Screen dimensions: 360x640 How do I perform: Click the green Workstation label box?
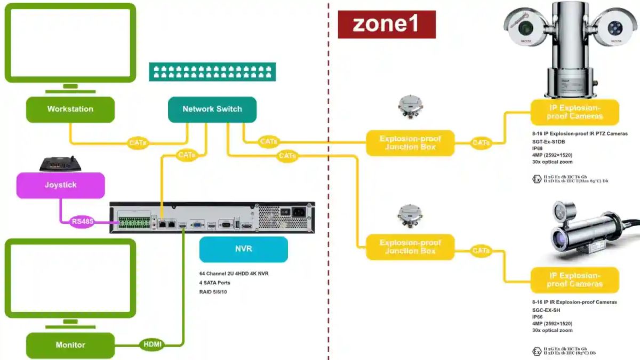pos(70,109)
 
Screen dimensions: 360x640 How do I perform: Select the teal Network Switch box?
pos(212,109)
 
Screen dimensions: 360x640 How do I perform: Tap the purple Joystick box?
pos(60,185)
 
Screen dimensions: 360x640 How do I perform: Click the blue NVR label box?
pos(243,249)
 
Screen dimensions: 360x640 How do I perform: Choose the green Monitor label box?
pos(70,345)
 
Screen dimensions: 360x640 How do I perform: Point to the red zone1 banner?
pos(387,25)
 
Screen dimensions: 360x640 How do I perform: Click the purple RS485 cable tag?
pos(82,221)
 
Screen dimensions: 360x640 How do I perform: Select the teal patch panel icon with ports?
pos(212,71)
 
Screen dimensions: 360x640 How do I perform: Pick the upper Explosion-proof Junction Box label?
pos(410,143)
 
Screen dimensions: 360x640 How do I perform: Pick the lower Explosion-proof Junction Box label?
pos(410,247)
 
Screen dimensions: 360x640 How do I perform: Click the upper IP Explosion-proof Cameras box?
pos(574,112)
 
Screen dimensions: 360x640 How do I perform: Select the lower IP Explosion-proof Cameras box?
pos(574,280)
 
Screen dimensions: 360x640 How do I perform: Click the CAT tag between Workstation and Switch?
pos(138,143)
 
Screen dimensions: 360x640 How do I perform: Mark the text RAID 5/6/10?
pos(213,292)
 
